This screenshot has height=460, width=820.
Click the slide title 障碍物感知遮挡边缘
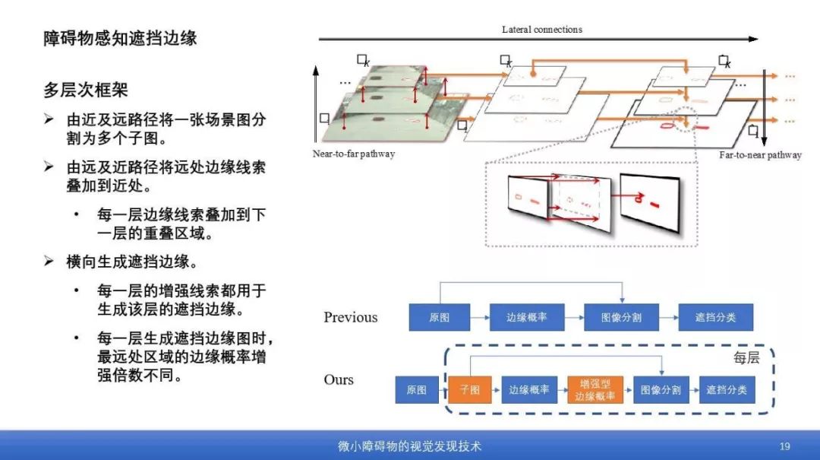120,38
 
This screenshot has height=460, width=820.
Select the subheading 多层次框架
85,90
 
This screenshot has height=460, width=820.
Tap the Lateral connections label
541,30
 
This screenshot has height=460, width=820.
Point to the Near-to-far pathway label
354,154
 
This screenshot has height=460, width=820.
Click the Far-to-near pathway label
760,155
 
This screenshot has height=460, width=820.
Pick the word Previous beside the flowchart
350,317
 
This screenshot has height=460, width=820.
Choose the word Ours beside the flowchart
339,379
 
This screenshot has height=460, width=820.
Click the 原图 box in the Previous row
439,317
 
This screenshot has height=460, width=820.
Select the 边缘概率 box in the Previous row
526,317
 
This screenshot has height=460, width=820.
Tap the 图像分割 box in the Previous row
621,317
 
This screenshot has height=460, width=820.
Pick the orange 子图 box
470,390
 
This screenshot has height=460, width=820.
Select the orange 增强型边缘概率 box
595,390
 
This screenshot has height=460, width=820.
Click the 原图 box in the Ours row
416,390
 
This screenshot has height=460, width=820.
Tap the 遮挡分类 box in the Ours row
727,390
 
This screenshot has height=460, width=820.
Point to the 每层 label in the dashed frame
746,357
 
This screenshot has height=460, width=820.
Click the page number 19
785,446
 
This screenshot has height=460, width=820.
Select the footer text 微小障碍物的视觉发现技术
409,446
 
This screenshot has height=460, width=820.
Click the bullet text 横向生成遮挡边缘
131,262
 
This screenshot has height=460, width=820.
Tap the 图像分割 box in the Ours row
661,390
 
